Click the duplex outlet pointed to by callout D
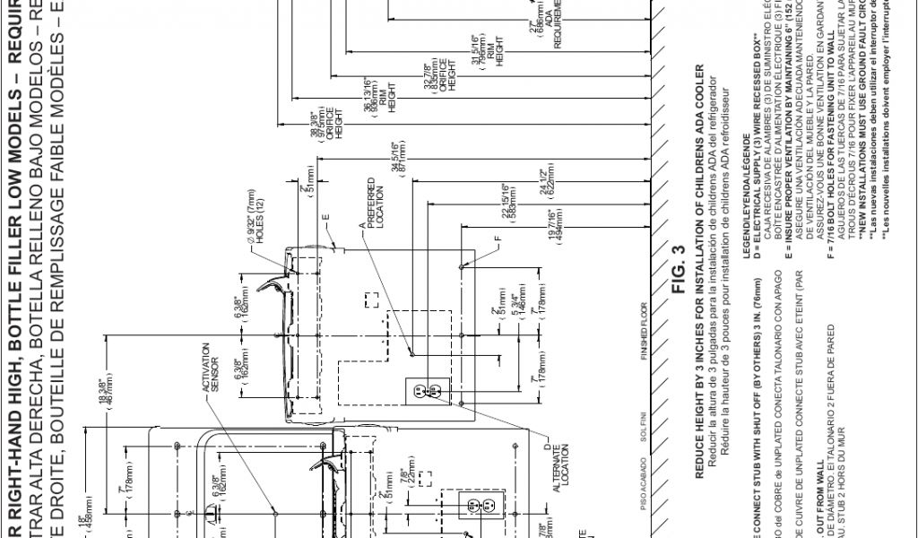pos(427,391)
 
